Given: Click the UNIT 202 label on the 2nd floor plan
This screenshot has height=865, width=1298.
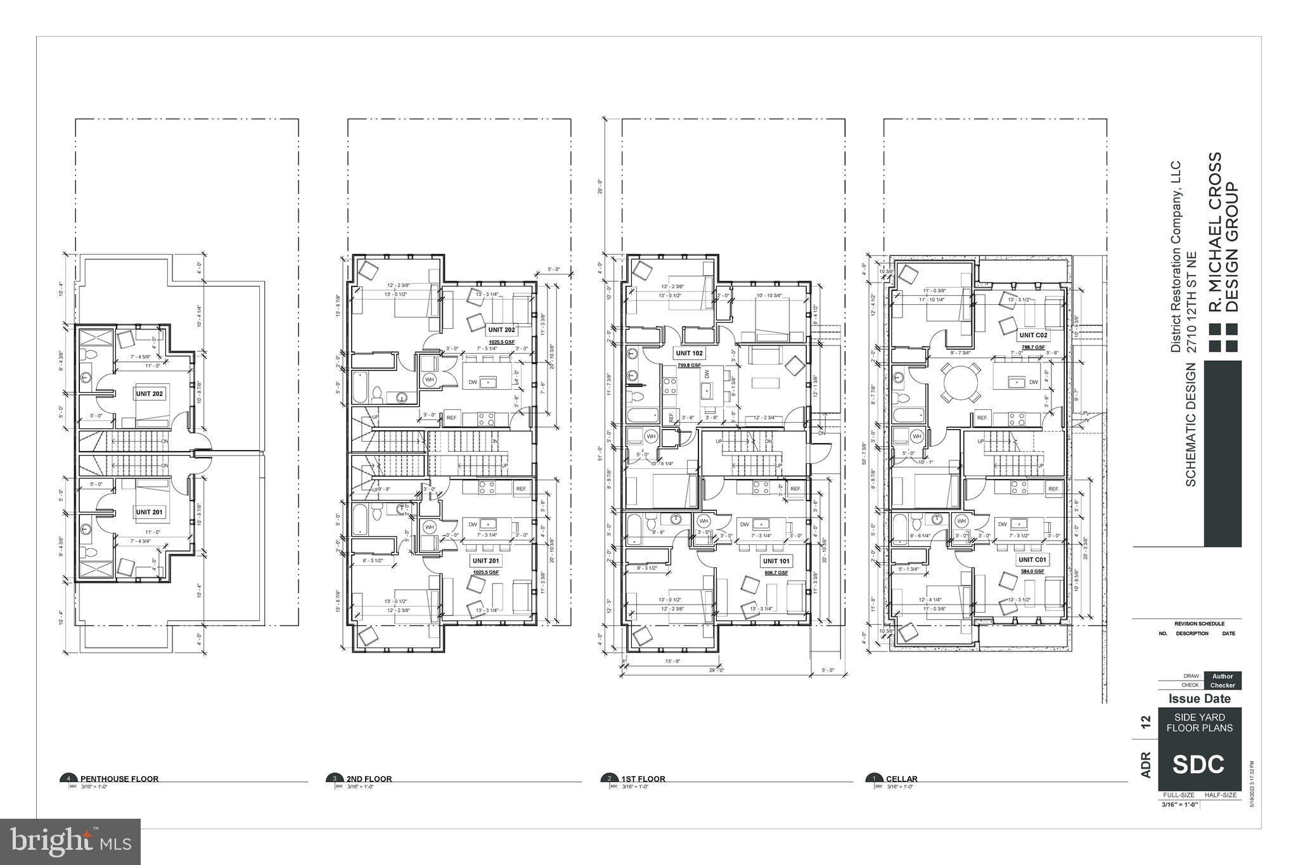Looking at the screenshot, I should (501, 330).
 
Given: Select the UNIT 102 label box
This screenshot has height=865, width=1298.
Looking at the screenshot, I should (688, 353).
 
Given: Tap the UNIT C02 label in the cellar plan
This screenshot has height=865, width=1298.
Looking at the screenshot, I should (1032, 335).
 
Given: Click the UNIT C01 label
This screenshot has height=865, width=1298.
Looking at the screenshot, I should (1032, 560).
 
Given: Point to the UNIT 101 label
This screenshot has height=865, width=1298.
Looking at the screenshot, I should (776, 561).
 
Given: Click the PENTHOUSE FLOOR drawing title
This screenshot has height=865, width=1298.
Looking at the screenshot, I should (119, 779).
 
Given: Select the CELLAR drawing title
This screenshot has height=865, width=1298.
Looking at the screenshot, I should (901, 779).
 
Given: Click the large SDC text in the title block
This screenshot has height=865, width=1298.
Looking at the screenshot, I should (1198, 764).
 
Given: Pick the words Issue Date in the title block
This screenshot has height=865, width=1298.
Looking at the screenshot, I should (1199, 699).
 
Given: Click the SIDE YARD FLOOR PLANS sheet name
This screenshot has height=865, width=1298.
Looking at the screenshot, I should (1199, 722).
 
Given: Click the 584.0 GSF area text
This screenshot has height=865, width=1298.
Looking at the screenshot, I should (1032, 571).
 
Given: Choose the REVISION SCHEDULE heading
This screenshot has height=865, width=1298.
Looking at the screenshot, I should (1199, 624).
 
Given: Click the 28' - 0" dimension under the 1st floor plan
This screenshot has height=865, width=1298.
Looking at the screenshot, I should (717, 670).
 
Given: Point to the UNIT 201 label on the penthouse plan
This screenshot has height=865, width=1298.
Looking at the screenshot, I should (149, 512).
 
